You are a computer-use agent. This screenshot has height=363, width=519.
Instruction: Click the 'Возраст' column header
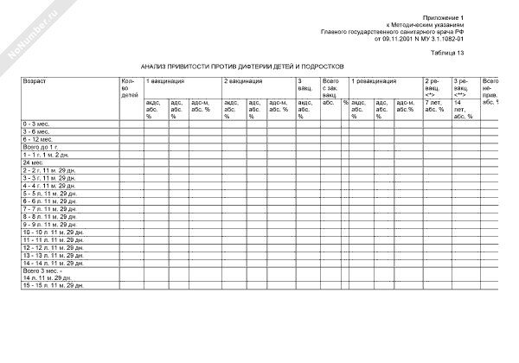(x=35, y=80)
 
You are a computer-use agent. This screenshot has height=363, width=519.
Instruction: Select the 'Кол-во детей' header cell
(x=130, y=87)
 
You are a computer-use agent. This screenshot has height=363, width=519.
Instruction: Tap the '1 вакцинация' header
(x=164, y=80)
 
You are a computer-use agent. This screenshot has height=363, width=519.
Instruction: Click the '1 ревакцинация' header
(x=374, y=80)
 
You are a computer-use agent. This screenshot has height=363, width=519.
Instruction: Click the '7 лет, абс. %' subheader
(x=434, y=105)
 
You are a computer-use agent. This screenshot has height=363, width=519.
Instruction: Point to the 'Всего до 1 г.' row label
(x=40, y=147)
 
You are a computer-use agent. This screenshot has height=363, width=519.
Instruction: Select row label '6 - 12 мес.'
(x=38, y=139)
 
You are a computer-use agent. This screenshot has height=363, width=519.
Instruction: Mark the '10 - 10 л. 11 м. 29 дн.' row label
(x=54, y=232)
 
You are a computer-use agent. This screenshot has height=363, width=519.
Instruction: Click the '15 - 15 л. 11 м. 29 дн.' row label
(x=54, y=284)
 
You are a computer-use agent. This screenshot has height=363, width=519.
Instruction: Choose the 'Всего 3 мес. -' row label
(x=44, y=271)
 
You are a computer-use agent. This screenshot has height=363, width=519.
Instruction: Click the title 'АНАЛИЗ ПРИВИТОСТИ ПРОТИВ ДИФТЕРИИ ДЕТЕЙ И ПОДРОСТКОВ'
(x=242, y=66)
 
